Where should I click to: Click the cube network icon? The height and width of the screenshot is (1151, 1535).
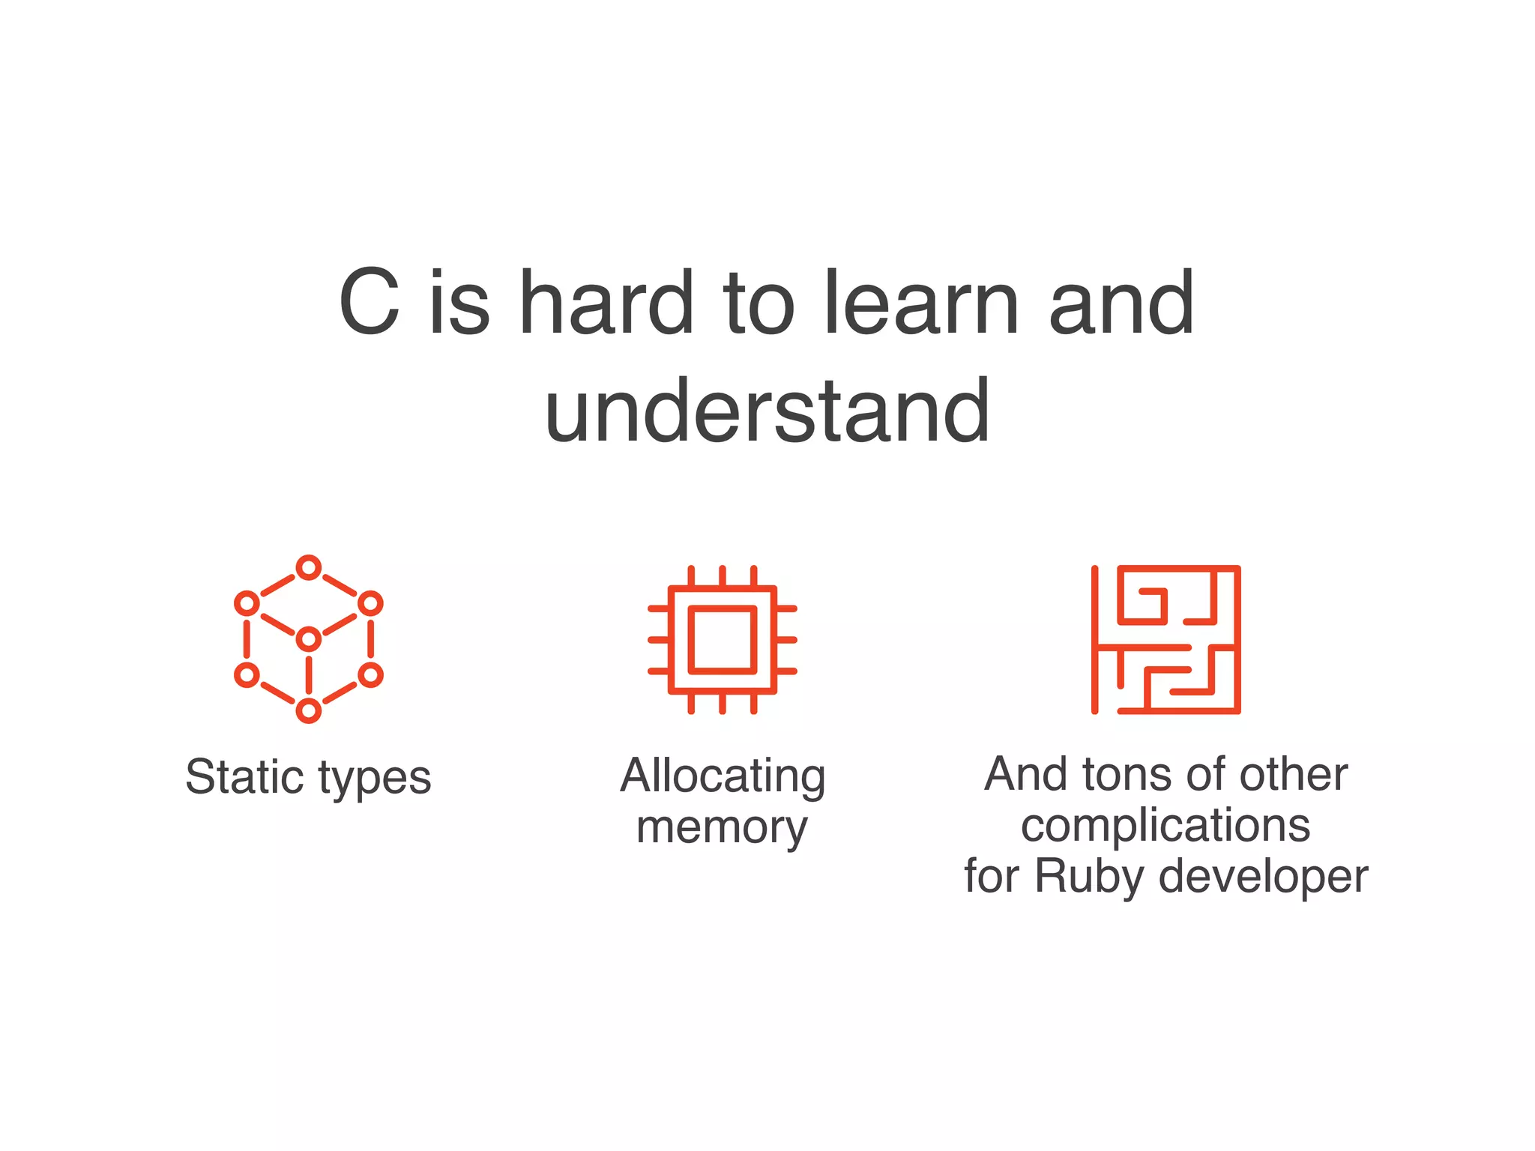(x=308, y=639)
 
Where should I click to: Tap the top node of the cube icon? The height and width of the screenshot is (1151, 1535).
(x=308, y=568)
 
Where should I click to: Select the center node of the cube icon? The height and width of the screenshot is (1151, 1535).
(x=308, y=639)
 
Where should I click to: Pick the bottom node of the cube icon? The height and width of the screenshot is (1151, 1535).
(x=308, y=710)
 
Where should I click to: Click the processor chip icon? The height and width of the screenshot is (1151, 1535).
(x=723, y=639)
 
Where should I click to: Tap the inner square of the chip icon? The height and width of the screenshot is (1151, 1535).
(x=723, y=639)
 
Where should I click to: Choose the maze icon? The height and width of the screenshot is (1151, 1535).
(x=1165, y=639)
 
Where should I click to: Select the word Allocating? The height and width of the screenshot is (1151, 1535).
(x=723, y=776)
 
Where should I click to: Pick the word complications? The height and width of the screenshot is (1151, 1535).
(x=1165, y=827)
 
